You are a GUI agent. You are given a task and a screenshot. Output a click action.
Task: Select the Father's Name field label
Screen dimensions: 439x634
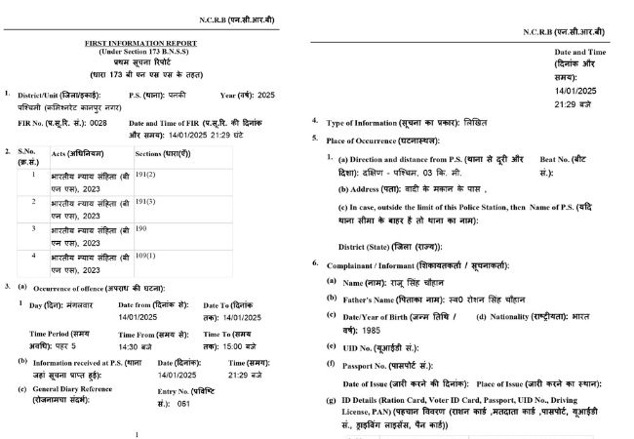pyautogui.click(x=384, y=298)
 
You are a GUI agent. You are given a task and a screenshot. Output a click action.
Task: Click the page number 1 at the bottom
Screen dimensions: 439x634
pyautogui.click(x=138, y=433)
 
